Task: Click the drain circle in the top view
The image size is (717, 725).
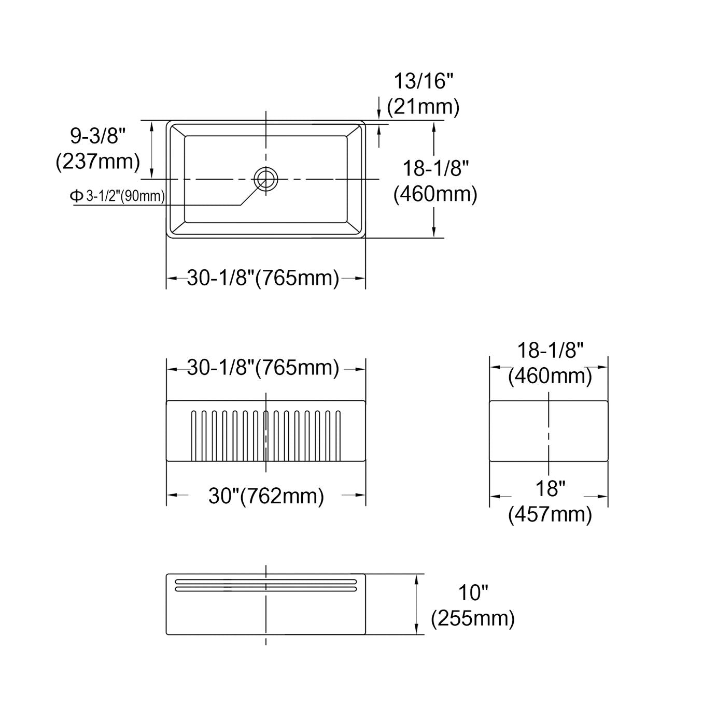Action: tap(266, 167)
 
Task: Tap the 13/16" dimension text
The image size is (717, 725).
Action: tap(423, 81)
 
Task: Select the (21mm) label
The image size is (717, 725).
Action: tap(423, 107)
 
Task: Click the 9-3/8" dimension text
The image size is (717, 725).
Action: tap(97, 136)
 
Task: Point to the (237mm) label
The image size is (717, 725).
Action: tap(98, 162)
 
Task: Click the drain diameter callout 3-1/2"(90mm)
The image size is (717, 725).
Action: tap(125, 196)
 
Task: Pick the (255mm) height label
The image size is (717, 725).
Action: tap(473, 618)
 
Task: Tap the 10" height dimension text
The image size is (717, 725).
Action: tap(473, 593)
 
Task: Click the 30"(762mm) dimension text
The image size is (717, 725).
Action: tap(266, 496)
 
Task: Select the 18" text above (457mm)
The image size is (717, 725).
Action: tap(551, 489)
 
